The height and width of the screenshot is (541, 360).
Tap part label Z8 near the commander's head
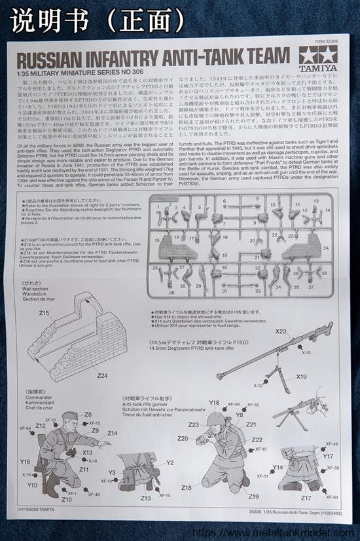tap(88, 415)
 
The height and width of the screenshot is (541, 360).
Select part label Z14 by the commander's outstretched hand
tap(113, 433)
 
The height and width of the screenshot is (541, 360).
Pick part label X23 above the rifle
tap(281, 332)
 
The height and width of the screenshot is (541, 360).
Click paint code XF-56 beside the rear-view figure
tap(333, 468)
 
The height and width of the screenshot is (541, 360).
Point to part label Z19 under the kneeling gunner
tap(254, 496)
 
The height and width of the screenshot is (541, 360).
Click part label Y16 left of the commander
tap(26, 461)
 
